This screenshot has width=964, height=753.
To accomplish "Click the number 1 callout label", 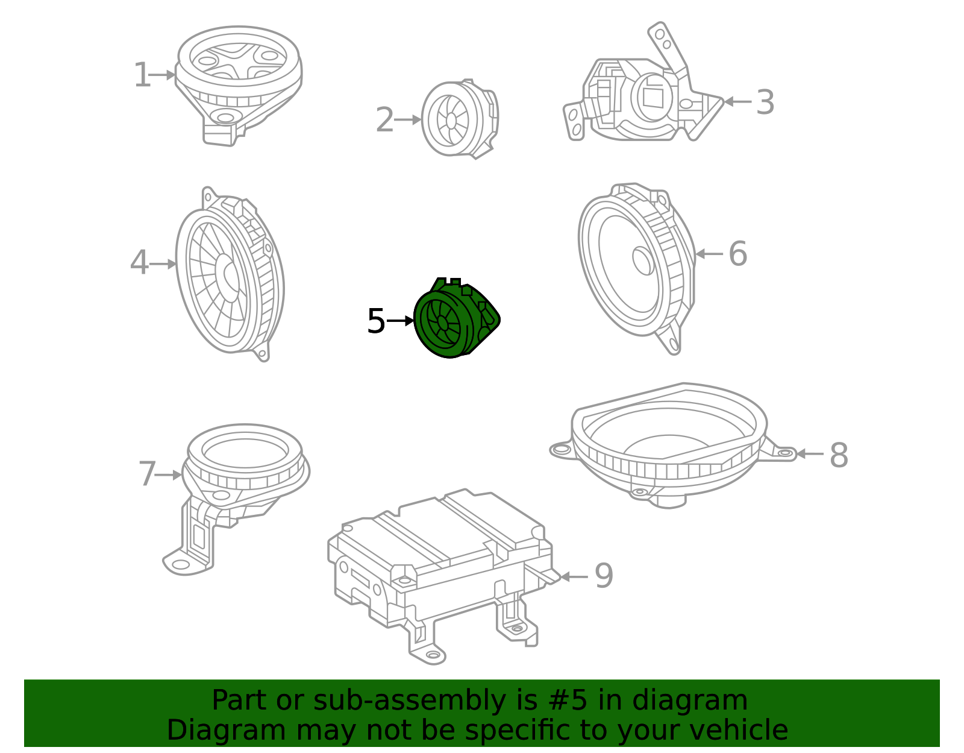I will [x=142, y=76].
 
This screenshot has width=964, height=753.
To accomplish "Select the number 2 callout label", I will [x=384, y=120].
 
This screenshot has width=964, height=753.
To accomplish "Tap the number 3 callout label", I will [x=765, y=102].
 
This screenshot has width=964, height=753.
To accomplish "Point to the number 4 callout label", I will [x=139, y=263].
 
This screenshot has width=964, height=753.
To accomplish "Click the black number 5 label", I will [x=376, y=321].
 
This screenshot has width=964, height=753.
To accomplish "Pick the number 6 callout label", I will [x=737, y=254].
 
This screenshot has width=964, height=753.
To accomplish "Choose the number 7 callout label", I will [x=147, y=474].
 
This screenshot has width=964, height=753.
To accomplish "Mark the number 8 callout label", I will [x=839, y=455].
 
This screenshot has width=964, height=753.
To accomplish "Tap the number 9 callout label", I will [x=604, y=576].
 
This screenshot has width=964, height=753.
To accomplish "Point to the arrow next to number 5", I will [x=400, y=321].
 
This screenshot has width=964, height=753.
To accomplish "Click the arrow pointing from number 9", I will [x=574, y=577].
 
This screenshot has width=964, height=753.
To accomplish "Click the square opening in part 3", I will [x=653, y=97].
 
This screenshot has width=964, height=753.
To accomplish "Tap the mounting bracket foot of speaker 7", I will [x=181, y=565].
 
